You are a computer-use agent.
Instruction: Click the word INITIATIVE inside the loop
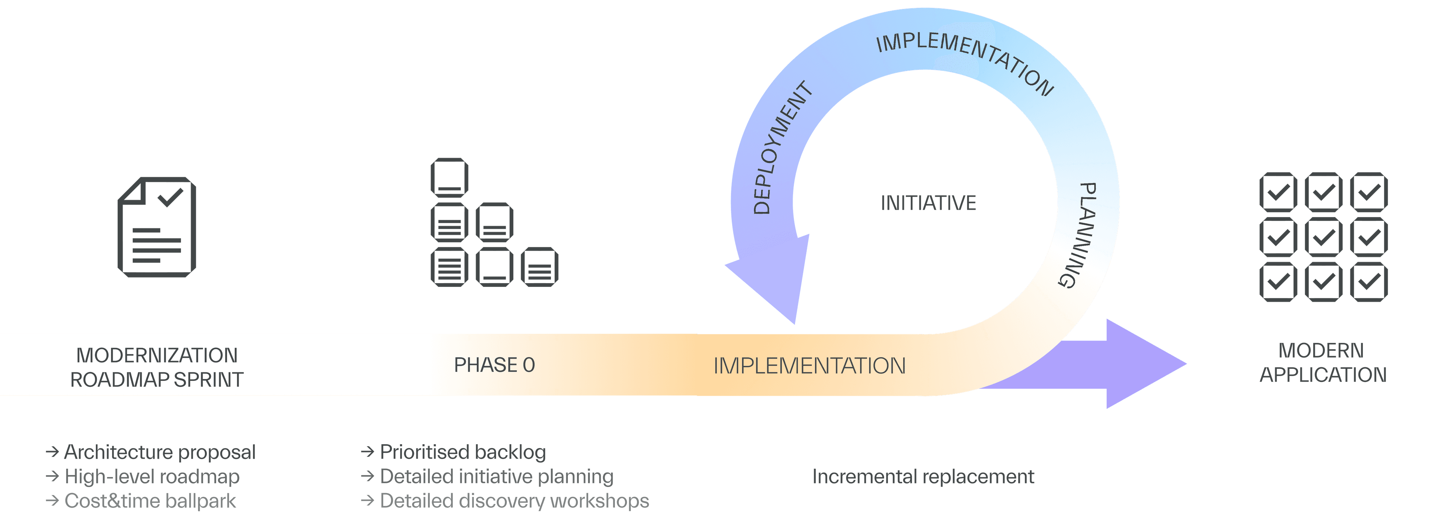click(928, 203)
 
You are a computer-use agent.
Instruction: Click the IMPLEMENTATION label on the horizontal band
click(809, 366)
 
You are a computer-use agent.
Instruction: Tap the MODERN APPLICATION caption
click(1323, 362)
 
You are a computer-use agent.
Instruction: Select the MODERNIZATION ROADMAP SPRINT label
click(157, 367)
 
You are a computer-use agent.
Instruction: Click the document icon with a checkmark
click(157, 227)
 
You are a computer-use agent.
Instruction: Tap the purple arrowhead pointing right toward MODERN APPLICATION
click(1144, 364)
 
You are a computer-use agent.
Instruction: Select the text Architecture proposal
click(160, 452)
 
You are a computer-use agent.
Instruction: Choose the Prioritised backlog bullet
click(463, 452)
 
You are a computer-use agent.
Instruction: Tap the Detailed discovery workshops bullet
click(514, 501)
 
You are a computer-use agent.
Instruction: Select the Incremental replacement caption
click(923, 477)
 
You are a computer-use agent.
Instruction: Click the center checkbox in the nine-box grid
click(1324, 237)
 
